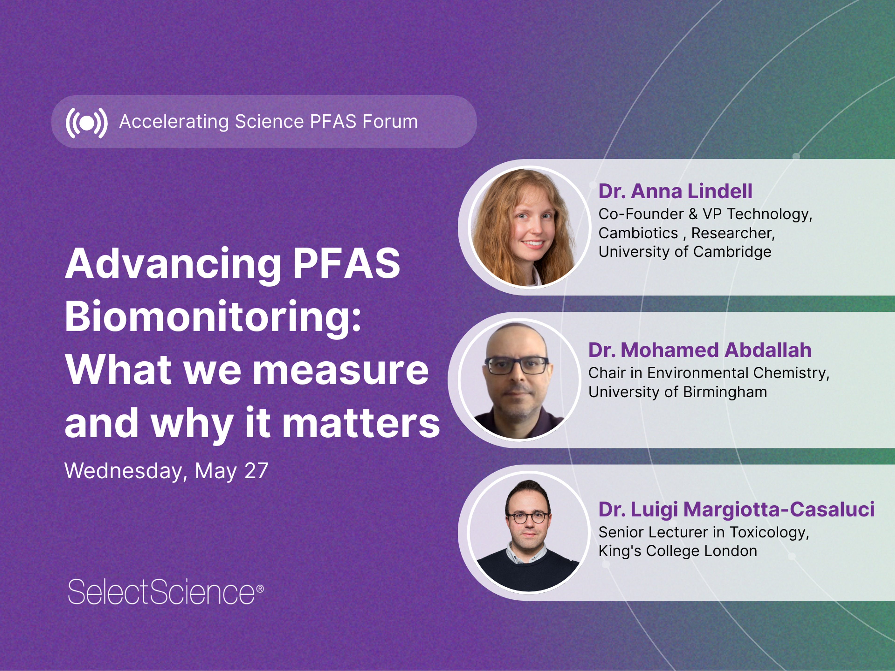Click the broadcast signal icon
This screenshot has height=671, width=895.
click(87, 123)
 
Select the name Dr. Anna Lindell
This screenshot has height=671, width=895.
click(675, 191)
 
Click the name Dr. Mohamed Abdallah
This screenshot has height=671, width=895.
click(700, 350)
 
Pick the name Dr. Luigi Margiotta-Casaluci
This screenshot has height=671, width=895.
click(736, 509)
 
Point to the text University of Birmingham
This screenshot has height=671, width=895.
click(677, 392)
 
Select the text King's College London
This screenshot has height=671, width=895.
click(677, 551)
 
